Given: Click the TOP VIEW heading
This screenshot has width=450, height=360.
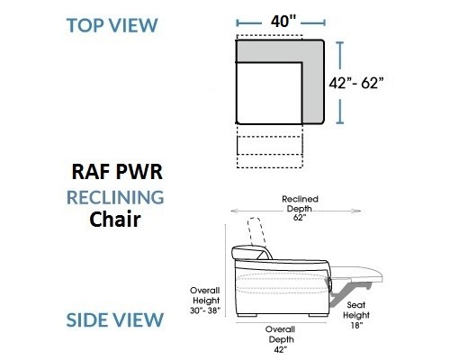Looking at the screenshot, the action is click(x=112, y=25).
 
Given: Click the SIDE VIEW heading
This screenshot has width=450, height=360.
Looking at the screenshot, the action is click(x=114, y=319).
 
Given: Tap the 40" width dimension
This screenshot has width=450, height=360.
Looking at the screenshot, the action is click(x=283, y=22).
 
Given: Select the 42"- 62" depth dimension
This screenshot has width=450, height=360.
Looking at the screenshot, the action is click(x=356, y=83).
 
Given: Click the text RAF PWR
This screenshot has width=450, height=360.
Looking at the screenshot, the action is click(x=117, y=172).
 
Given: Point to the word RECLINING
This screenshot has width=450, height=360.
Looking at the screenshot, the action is click(x=115, y=197).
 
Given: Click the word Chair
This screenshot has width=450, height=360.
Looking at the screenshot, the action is click(x=115, y=220).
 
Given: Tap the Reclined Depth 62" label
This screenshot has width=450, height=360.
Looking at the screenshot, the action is click(x=300, y=208).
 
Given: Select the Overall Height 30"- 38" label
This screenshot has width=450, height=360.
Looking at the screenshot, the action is click(x=205, y=301).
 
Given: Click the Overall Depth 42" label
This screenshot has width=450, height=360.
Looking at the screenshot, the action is click(x=281, y=339).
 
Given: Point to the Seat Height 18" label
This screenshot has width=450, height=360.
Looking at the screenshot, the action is click(x=356, y=315).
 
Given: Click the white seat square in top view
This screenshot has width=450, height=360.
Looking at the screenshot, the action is click(x=269, y=93).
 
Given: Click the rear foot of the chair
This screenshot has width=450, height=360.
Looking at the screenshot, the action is click(x=247, y=315).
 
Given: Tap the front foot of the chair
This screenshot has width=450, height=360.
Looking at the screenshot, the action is click(x=319, y=315).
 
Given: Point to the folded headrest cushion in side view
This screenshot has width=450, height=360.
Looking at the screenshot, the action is click(x=250, y=252).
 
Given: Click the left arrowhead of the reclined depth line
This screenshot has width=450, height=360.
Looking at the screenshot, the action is click(x=233, y=211).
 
